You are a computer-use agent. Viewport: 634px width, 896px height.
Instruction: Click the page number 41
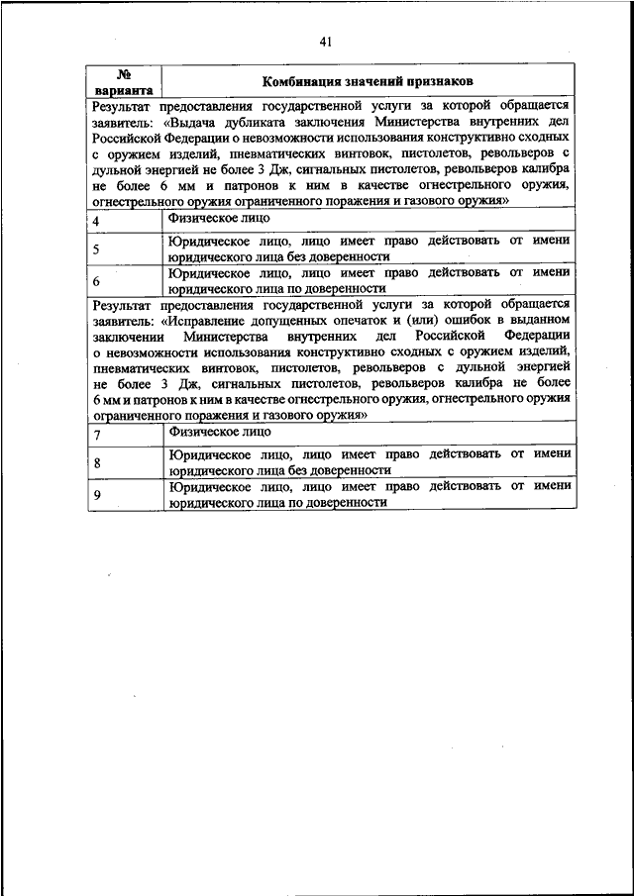tap(326, 41)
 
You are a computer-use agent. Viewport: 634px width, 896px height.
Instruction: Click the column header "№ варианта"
tap(125, 81)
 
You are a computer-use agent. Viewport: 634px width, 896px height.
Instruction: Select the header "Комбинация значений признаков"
tap(368, 81)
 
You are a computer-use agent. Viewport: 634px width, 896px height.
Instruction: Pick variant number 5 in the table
tap(95, 249)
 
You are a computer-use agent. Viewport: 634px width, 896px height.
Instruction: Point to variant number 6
tap(95, 281)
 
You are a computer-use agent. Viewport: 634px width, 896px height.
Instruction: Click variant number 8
tap(95, 463)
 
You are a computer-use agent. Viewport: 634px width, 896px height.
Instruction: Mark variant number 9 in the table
tap(95, 495)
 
